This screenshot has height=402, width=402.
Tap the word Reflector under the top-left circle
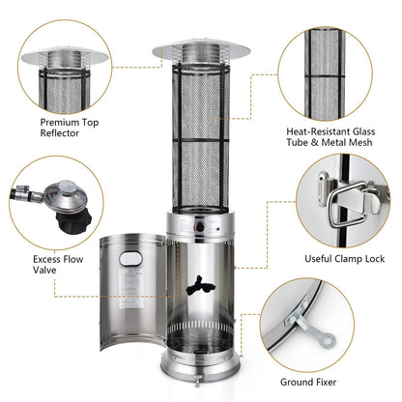click(61, 135)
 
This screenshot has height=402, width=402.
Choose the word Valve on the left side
click(43, 272)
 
